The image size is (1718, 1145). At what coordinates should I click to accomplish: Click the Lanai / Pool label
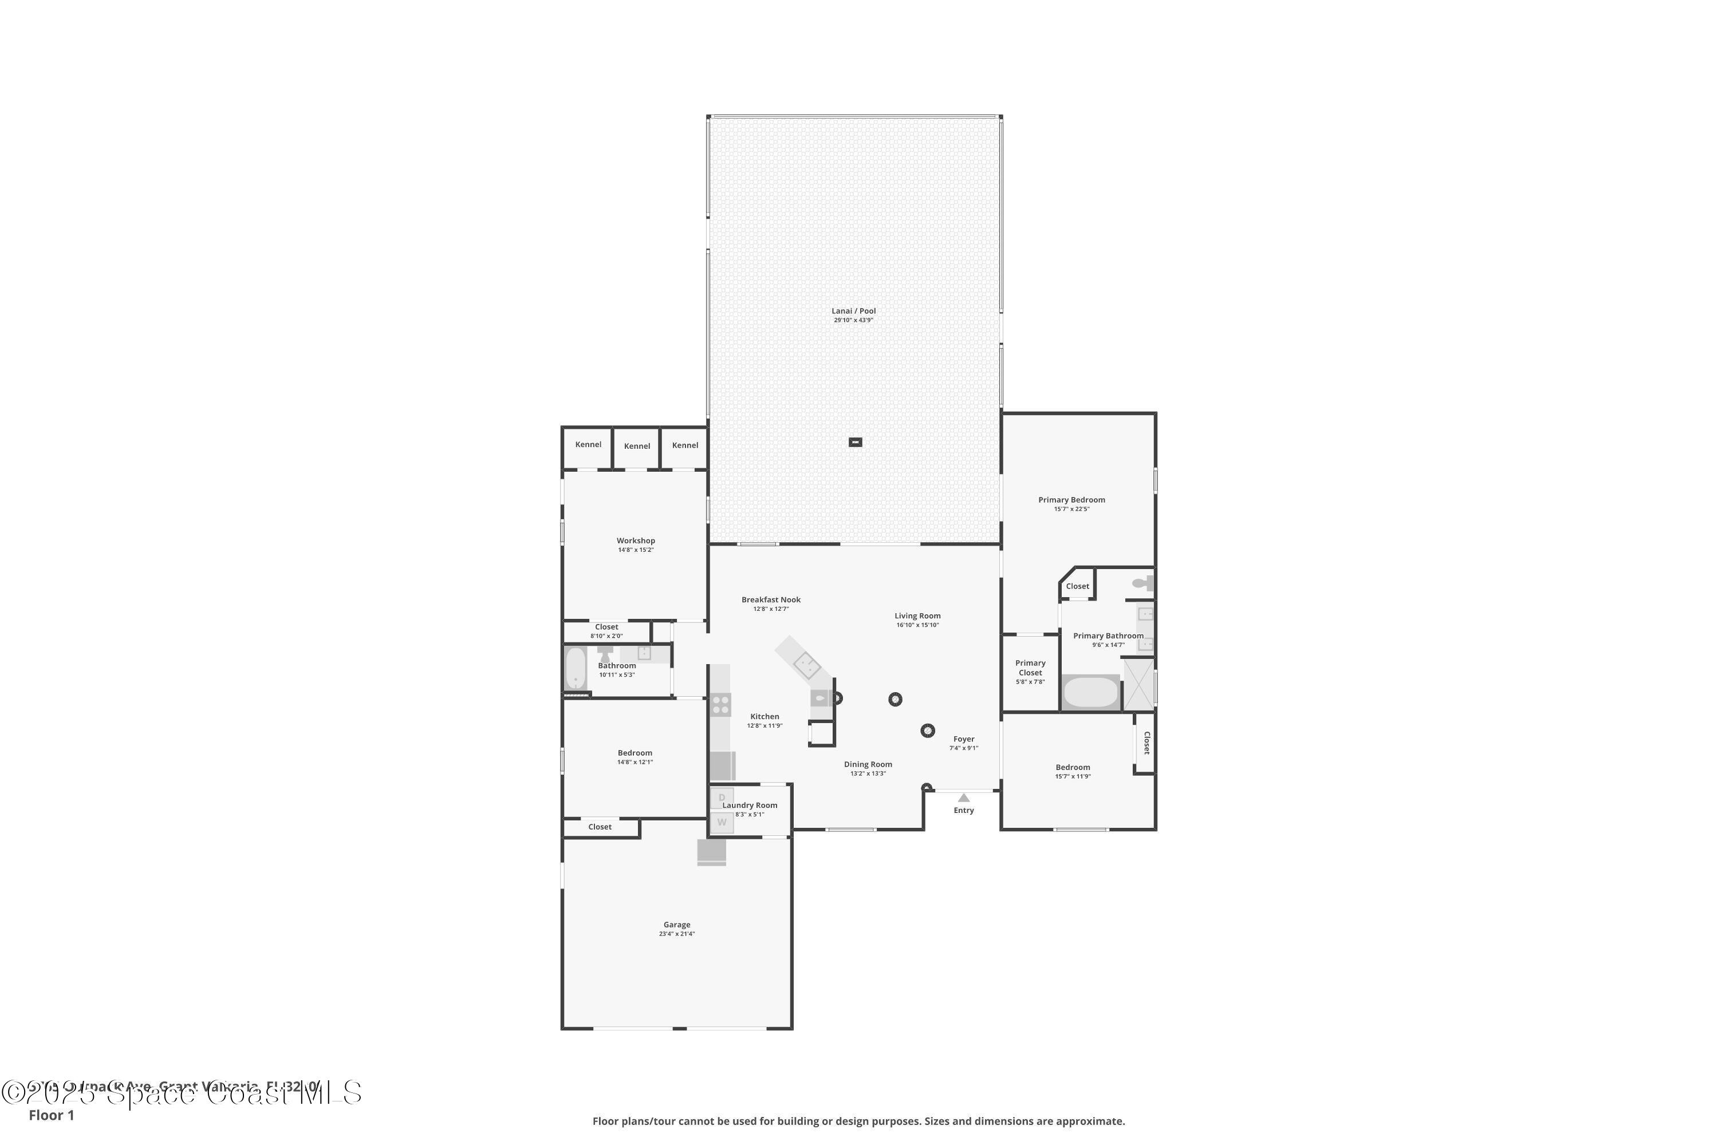853,311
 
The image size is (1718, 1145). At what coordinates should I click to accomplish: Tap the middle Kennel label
636,446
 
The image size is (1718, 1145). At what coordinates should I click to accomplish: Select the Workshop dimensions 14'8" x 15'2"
636,550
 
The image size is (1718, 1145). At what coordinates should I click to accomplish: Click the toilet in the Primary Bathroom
1142,583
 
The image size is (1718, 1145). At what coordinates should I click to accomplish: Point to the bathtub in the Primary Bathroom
1090,692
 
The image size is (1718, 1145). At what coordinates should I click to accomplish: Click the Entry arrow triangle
963,797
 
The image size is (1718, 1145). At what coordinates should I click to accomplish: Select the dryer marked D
722,797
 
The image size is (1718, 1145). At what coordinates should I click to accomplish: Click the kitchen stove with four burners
720,705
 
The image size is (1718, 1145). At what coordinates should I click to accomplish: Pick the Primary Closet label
1030,668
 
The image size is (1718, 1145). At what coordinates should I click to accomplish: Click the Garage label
676,925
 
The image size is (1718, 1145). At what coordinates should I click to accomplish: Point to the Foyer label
963,739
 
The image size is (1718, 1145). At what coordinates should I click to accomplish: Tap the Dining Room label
868,764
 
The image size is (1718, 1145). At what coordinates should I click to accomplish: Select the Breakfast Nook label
771,599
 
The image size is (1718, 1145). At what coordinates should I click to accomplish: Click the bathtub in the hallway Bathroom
576,668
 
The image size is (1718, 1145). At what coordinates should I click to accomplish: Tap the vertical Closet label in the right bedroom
1146,743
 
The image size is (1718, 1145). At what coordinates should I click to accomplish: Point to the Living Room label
917,615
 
